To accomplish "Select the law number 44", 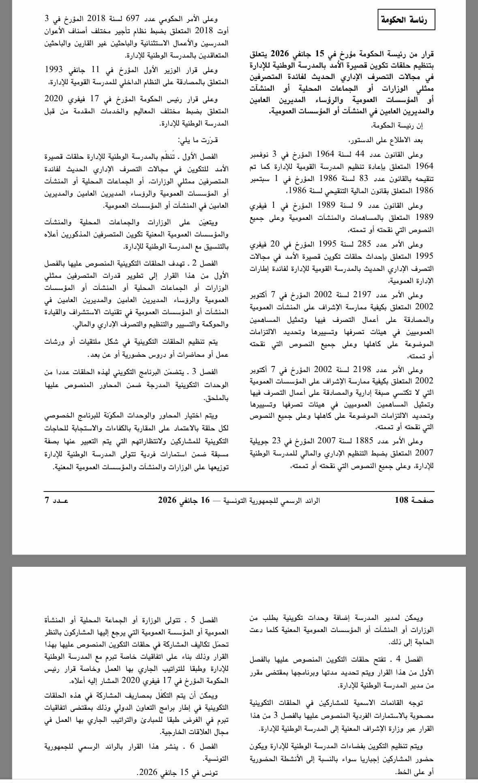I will (x=360, y=154).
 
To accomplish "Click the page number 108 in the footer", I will (x=414, y=500).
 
